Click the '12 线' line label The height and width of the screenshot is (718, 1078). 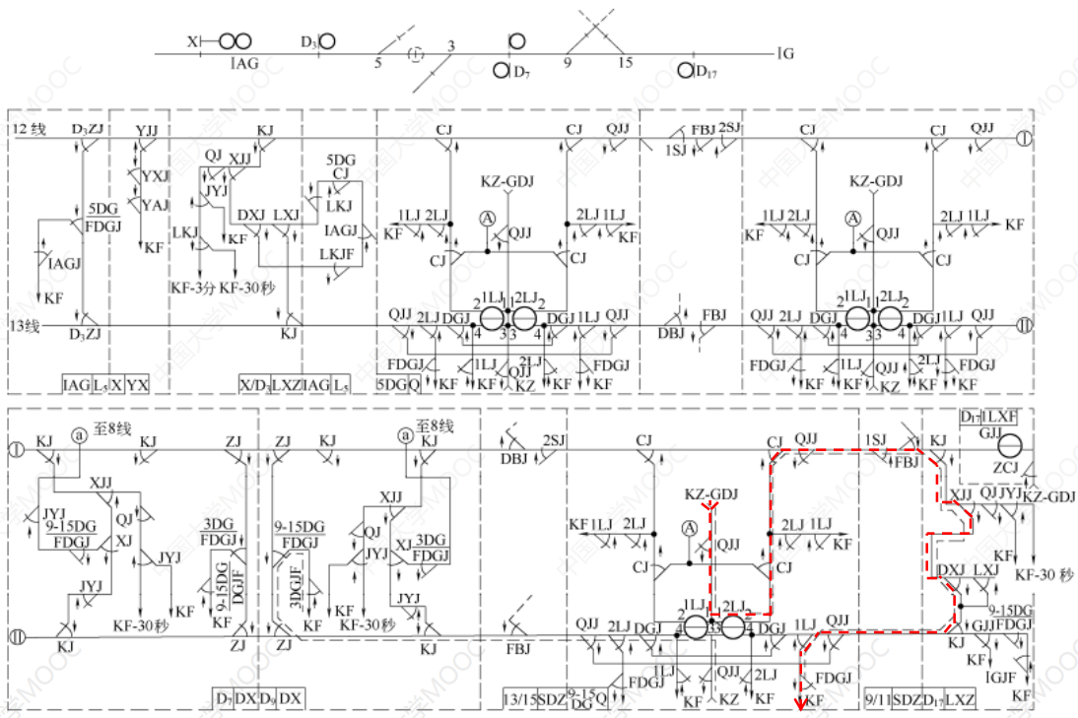tap(29, 130)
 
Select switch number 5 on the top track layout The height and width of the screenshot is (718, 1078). tap(377, 63)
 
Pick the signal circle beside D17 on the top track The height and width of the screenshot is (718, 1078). tap(686, 71)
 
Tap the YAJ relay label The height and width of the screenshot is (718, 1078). tap(155, 205)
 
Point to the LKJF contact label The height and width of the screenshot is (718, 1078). tap(338, 254)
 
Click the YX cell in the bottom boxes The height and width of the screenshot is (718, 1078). tap(139, 383)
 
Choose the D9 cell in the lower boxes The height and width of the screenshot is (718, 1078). tap(266, 697)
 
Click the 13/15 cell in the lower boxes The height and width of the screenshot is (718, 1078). tap(519, 697)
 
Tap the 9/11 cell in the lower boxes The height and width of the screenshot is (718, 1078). tap(877, 697)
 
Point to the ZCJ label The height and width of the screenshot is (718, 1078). tap(1005, 468)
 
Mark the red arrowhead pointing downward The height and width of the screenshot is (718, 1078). tap(800, 702)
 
